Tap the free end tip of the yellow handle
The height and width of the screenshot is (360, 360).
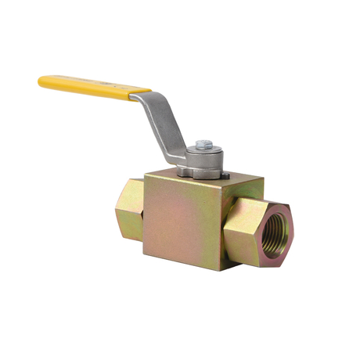pos(41,79)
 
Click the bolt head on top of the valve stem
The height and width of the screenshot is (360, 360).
pos(203,145)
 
